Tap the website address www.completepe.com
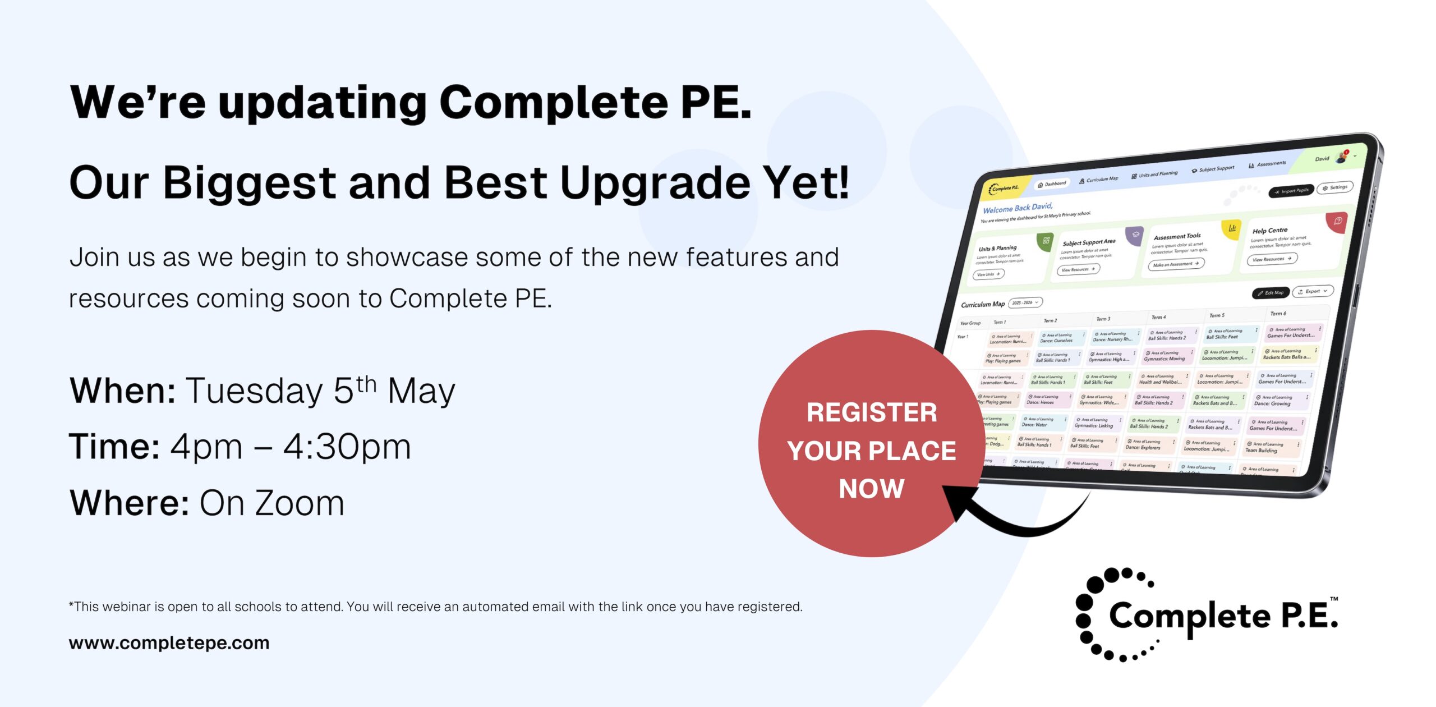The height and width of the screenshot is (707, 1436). (x=169, y=642)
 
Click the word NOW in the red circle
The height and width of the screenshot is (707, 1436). (x=871, y=488)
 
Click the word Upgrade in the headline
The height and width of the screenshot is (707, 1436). (x=655, y=183)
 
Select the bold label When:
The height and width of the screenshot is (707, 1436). (x=123, y=391)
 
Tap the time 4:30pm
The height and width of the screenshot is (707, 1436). (x=347, y=447)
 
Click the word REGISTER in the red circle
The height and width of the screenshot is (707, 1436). (x=871, y=413)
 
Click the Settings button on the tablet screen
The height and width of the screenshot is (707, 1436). (x=1335, y=187)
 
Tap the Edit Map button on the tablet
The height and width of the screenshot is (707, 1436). (x=1270, y=293)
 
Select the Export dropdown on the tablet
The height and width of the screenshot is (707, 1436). (x=1313, y=291)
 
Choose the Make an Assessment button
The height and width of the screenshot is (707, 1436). (x=1175, y=264)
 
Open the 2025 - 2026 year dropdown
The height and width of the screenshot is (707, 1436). (x=1025, y=302)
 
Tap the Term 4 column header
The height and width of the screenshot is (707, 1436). (x=1158, y=317)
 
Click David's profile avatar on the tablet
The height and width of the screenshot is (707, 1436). (x=1342, y=157)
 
